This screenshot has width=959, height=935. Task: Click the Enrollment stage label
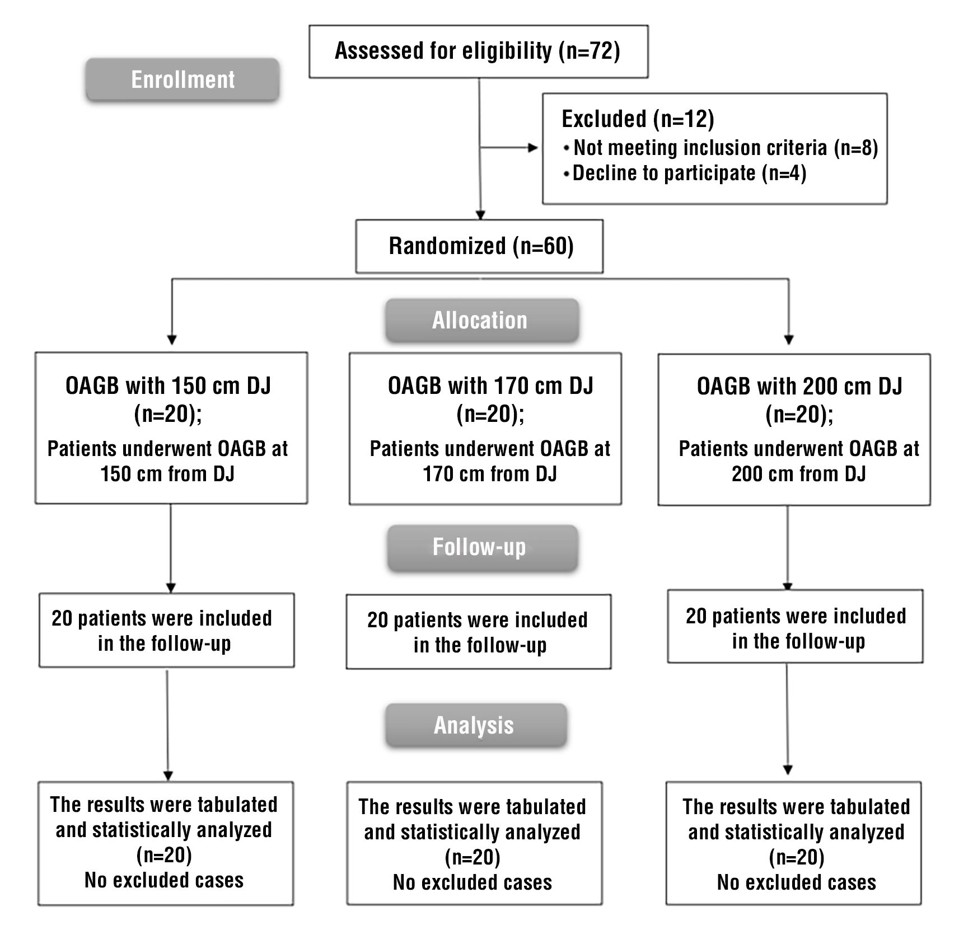click(183, 79)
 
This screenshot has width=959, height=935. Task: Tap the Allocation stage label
click(480, 320)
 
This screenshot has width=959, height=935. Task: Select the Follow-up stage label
click(480, 547)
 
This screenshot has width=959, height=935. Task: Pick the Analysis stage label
click(475, 725)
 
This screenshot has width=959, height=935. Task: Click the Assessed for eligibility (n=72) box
click(478, 51)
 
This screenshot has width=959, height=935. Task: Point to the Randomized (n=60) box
click(480, 246)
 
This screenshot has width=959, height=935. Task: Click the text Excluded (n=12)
click(638, 119)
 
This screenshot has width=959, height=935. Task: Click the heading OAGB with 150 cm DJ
click(168, 386)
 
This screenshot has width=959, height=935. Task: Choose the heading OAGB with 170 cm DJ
click(490, 386)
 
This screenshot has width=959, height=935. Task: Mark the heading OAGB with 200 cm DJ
click(799, 386)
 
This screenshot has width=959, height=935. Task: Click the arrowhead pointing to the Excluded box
click(533, 148)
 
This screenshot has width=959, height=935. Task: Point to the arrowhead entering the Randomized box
click(480, 215)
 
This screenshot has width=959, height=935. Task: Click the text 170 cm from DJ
click(490, 474)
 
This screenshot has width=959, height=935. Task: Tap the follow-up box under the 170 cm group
click(478, 632)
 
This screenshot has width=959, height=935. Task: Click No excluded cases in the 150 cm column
click(164, 880)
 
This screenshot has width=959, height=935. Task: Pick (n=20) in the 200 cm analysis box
click(796, 857)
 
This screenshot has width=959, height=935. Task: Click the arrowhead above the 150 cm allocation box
click(172, 340)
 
